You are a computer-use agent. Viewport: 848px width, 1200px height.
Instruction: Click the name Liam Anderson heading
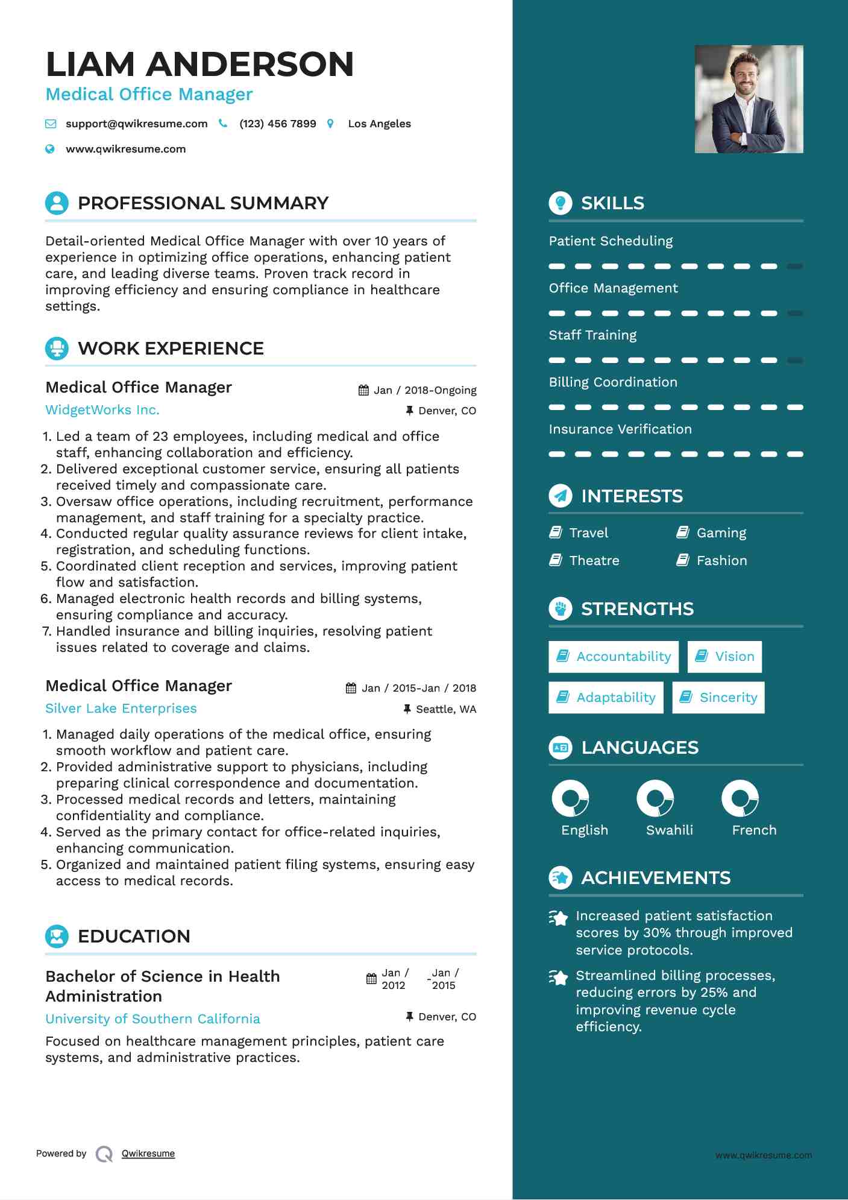199,64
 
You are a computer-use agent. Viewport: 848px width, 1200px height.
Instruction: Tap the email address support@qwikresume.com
136,124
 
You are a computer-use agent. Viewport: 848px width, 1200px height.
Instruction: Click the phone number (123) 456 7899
277,124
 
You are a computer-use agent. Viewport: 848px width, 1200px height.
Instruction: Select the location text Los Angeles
379,124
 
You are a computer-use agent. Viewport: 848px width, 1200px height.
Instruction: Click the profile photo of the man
749,99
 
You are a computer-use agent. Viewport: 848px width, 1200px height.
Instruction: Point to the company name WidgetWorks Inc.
102,410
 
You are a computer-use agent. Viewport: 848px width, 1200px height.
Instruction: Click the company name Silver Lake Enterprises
121,709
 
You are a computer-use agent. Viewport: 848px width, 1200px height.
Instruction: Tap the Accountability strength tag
614,657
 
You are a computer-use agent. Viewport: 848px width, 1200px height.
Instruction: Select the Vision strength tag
724,657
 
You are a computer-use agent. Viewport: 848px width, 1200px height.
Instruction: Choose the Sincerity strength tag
718,698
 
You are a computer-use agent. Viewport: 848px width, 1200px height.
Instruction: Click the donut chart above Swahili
655,798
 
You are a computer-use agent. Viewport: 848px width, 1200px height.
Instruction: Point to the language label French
754,830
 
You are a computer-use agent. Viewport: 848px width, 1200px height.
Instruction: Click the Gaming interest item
721,533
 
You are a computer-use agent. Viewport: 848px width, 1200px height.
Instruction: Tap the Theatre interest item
594,561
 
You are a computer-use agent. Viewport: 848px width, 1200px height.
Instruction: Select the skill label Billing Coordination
613,382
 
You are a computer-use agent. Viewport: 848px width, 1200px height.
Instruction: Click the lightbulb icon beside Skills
561,203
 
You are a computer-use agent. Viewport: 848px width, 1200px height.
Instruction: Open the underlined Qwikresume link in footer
148,1154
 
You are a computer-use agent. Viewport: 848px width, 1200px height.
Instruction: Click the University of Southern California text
152,1019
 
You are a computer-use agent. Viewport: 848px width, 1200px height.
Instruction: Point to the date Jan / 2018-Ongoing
424,390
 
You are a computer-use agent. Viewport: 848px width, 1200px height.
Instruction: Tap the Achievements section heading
655,878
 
